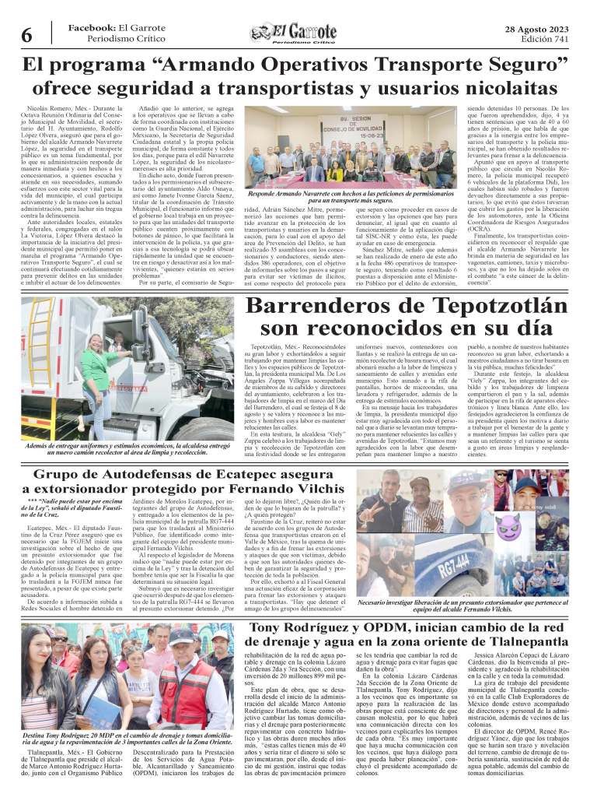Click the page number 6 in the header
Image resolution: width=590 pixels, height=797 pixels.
click(26, 35)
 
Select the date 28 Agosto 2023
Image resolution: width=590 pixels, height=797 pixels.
click(536, 28)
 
